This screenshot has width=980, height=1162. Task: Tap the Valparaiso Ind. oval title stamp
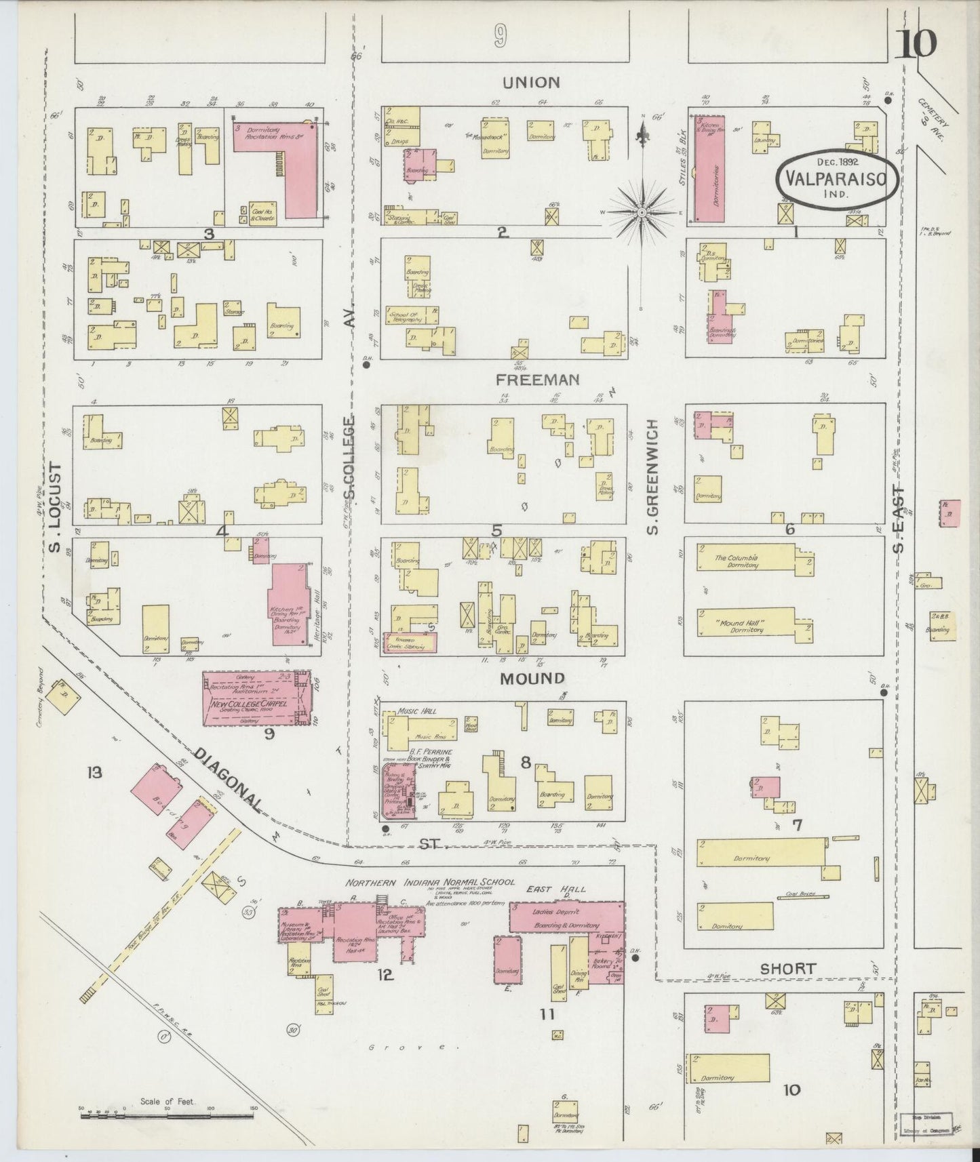(x=838, y=178)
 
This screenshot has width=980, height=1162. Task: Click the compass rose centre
(x=641, y=213)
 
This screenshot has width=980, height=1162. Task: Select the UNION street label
(x=531, y=83)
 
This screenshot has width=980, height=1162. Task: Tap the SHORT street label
(x=787, y=969)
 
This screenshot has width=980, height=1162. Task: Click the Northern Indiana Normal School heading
(x=430, y=883)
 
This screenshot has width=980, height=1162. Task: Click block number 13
(x=94, y=772)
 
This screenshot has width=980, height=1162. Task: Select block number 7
(x=797, y=825)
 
